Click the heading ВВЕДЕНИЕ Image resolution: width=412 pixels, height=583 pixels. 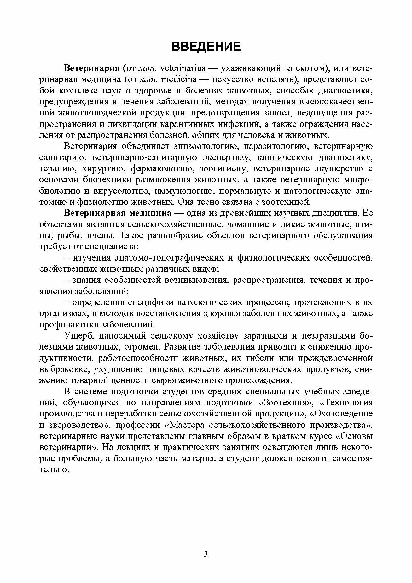pyautogui.click(x=206, y=46)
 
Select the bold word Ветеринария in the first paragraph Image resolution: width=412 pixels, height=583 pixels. pyautogui.click(x=91, y=68)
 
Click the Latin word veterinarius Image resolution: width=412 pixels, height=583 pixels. pyautogui.click(x=183, y=68)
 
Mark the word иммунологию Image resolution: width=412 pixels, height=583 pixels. pyautogui.click(x=183, y=191)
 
